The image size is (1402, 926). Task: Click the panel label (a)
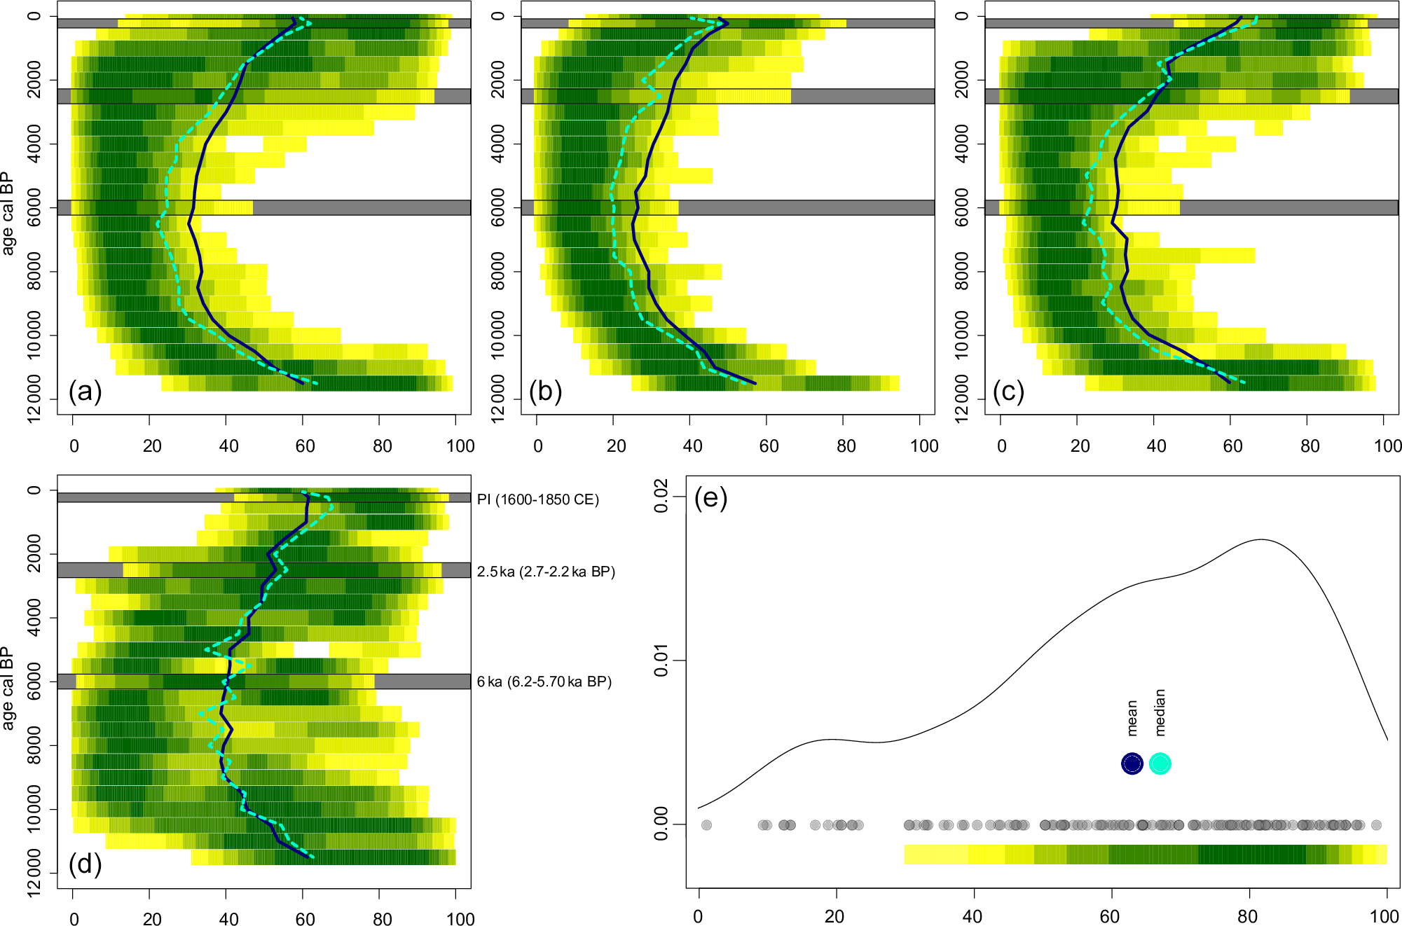(x=85, y=392)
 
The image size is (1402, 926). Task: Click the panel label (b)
(x=545, y=392)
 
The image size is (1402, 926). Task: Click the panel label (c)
(x=1008, y=392)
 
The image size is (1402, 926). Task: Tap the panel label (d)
(x=85, y=864)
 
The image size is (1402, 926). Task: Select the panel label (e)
(x=710, y=498)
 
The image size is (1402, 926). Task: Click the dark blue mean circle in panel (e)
(x=1132, y=763)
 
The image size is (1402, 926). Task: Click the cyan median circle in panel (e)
(x=1160, y=763)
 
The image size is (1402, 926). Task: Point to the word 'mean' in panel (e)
(x=1132, y=717)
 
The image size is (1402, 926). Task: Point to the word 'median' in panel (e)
(x=1160, y=712)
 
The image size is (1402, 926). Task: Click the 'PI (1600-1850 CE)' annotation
(x=537, y=499)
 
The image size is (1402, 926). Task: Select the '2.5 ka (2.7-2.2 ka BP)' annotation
(x=546, y=572)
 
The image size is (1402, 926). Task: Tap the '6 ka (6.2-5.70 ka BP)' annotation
(x=544, y=682)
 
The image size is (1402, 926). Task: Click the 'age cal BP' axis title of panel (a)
(x=8, y=213)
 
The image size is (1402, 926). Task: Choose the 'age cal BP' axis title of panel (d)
(x=8, y=688)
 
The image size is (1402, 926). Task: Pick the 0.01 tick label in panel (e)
(x=661, y=661)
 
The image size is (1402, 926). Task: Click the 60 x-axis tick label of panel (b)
(x=769, y=446)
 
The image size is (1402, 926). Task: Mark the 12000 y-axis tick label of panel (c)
(x=962, y=399)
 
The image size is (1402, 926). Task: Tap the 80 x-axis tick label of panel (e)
(x=1247, y=916)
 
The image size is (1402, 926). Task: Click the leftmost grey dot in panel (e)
(x=706, y=825)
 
